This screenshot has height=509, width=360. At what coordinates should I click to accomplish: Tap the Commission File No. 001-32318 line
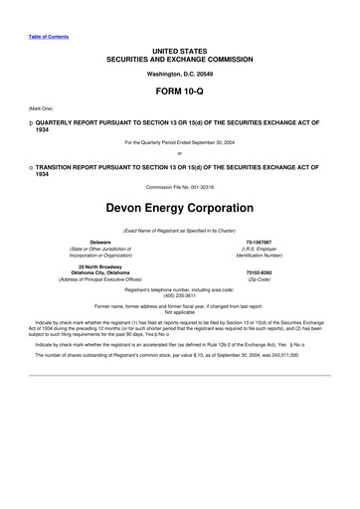coord(180,158)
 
